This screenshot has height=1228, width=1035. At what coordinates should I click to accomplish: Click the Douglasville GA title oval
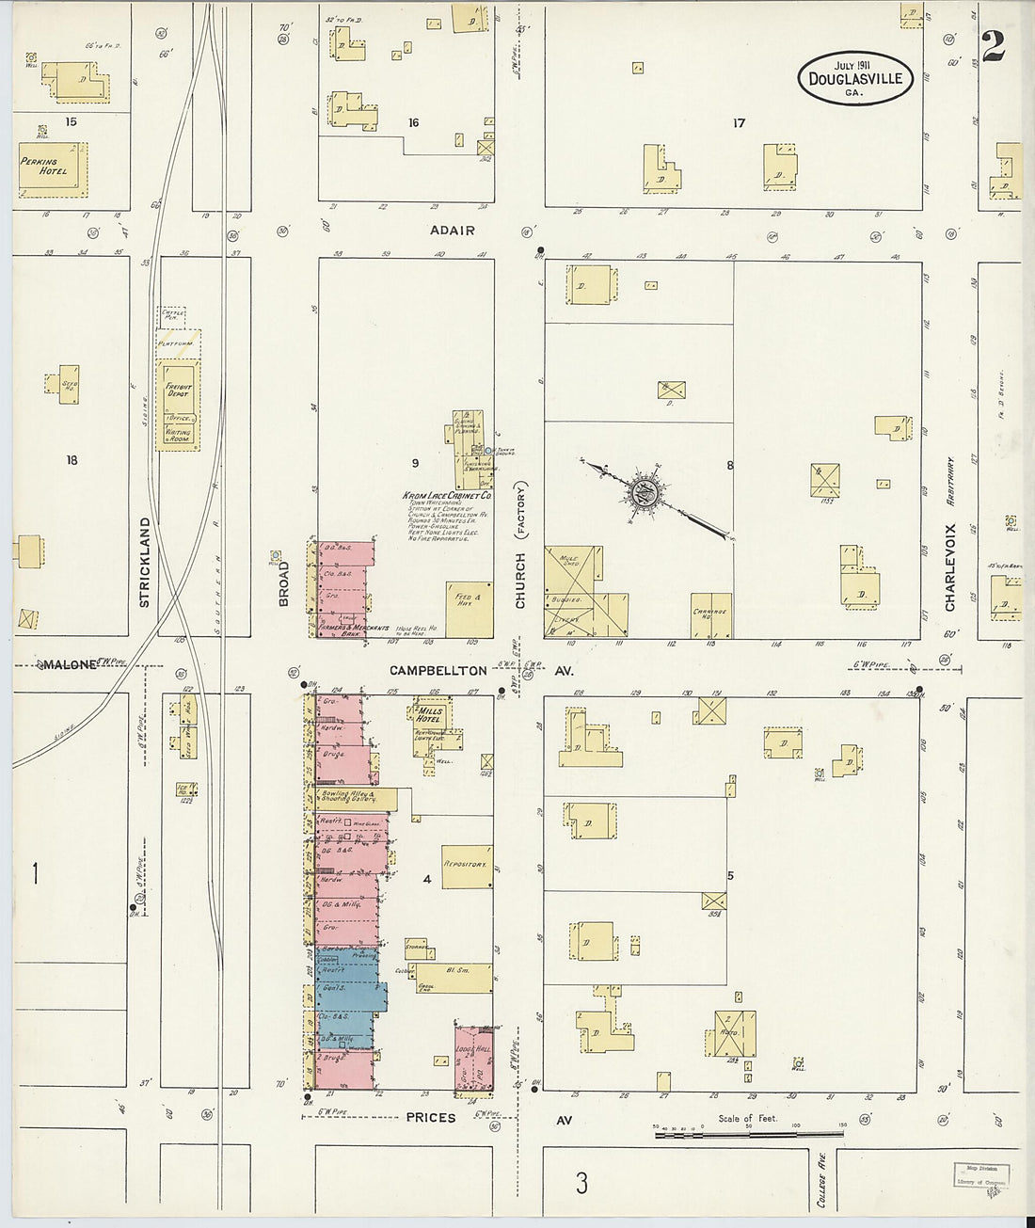[854, 77]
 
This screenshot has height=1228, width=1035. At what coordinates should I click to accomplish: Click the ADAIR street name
[452, 231]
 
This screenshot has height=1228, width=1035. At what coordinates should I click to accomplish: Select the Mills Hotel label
[430, 716]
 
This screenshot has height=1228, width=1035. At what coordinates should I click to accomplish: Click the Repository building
[467, 864]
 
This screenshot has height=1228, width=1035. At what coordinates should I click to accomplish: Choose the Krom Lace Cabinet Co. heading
[447, 496]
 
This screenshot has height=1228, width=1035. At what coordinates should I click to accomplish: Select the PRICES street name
[432, 1118]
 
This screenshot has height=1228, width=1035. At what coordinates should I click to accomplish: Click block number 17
[740, 123]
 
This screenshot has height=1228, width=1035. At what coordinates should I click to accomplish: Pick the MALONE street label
[68, 664]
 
